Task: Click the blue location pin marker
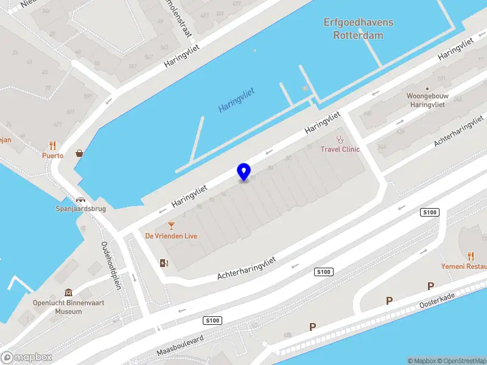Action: pos(243,172)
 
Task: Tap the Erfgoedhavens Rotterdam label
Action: pos(358,29)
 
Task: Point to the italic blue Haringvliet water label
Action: pos(236,100)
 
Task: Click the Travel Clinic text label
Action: pos(340,150)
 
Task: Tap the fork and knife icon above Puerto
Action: pos(52,145)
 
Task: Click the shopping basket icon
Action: pos(80,153)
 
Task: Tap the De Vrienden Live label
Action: pos(171,236)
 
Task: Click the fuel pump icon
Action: pos(163,263)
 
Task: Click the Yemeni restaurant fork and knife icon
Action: pos(471,256)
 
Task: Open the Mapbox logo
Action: pos(26,358)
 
